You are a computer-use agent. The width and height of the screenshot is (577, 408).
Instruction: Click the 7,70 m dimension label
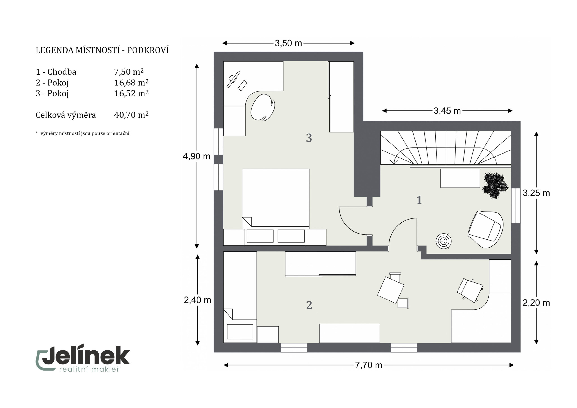click(369, 365)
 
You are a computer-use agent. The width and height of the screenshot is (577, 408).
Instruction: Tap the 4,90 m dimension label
click(197, 156)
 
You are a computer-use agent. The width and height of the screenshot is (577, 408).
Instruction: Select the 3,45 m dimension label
click(447, 111)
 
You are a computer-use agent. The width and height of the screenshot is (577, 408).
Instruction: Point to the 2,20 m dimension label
click(536, 303)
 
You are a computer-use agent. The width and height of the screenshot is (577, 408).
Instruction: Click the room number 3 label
click(309, 138)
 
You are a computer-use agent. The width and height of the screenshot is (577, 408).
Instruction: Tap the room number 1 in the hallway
click(419, 200)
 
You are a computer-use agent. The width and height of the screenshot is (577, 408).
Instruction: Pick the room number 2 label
click(309, 305)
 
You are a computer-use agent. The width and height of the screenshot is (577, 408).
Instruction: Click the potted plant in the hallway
click(495, 185)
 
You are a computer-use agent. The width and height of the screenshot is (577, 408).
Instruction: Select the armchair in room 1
click(485, 229)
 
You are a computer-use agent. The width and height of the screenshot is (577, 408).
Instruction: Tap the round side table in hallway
click(443, 241)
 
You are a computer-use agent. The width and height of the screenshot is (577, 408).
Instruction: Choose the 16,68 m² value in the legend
click(131, 83)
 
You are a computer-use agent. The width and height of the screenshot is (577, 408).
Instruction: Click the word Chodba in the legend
click(62, 72)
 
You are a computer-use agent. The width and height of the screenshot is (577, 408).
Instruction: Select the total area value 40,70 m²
click(131, 115)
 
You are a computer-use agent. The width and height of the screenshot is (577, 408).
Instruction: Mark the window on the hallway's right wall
click(516, 206)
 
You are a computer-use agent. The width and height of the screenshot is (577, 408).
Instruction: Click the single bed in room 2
click(240, 297)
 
